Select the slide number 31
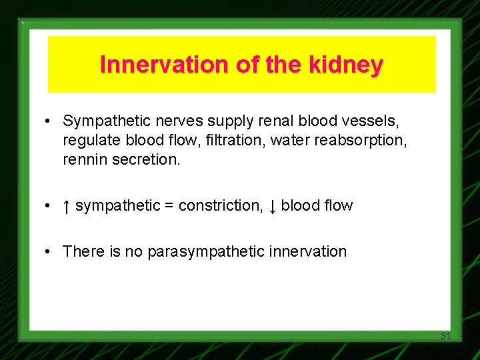tap(445, 336)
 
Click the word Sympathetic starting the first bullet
tap(99, 121)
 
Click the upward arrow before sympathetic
tap(67, 206)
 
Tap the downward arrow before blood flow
tap(272, 206)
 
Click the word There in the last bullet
tap(80, 251)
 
